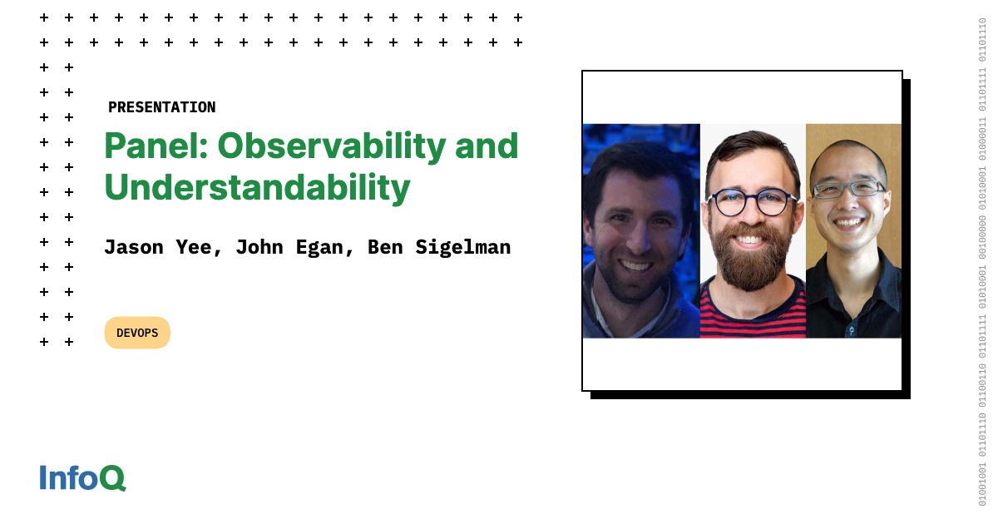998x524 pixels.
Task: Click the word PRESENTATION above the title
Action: click(161, 107)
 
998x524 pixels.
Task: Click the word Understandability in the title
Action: click(257, 188)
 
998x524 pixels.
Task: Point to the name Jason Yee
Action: click(163, 247)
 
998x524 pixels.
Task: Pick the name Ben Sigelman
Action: click(439, 247)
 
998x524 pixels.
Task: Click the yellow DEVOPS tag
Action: click(137, 333)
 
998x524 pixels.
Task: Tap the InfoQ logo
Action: click(82, 477)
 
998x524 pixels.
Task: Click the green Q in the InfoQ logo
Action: click(113, 478)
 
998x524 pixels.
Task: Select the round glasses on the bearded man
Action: click(752, 202)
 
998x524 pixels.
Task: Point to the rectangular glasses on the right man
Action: click(849, 189)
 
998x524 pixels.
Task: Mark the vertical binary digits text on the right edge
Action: click(982, 262)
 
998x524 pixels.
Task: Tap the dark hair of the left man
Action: click(636, 162)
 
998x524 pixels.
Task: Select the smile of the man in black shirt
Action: click(849, 222)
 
